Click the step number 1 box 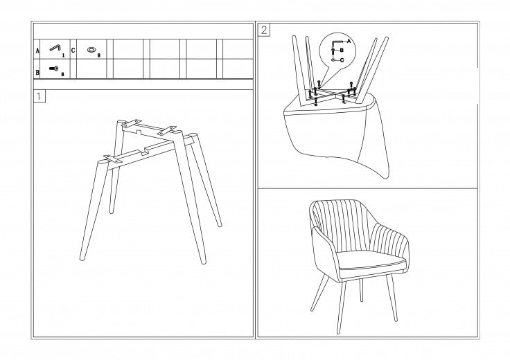[x=39, y=96]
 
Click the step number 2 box [x=264, y=30]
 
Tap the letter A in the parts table [x=37, y=51]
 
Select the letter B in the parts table [x=37, y=72]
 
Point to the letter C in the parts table [x=73, y=51]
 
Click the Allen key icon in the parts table [x=55, y=48]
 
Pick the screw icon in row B [x=53, y=69]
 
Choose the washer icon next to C [x=91, y=50]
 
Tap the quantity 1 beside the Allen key [x=64, y=55]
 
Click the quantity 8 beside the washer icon [x=99, y=55]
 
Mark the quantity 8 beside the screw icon [x=63, y=74]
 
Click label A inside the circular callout [x=349, y=41]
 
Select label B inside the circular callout [x=342, y=51]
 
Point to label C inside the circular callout [x=342, y=60]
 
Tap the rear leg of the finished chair [x=361, y=290]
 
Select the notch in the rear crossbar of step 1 [x=139, y=132]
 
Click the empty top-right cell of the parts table [x=238, y=49]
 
